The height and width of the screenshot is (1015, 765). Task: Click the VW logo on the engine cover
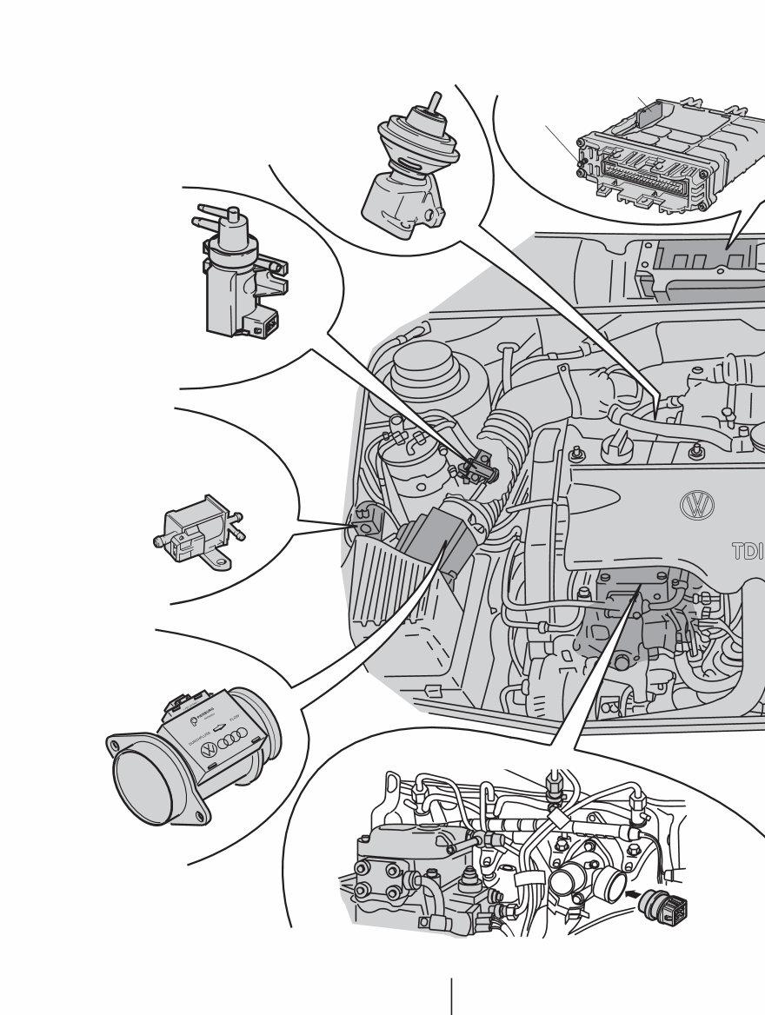[x=696, y=505]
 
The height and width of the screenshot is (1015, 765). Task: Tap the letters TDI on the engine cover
[x=747, y=551]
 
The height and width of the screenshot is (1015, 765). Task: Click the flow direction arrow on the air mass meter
[x=222, y=726]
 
